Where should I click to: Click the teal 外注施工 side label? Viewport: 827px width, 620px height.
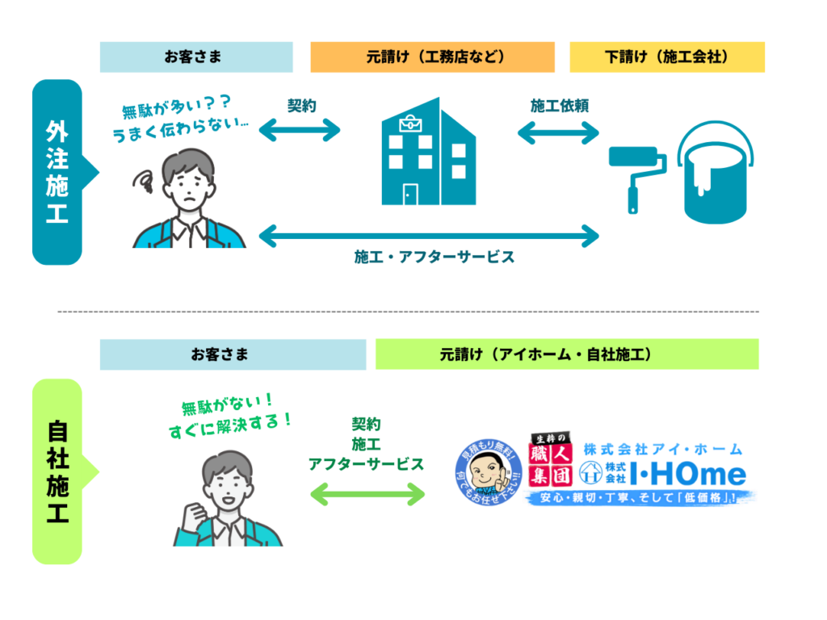click(57, 172)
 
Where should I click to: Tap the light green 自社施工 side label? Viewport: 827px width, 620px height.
click(57, 471)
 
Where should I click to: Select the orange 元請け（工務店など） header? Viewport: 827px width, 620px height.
click(432, 57)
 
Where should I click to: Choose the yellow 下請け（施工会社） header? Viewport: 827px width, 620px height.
click(666, 57)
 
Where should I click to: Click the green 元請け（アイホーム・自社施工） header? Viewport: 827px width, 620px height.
click(567, 354)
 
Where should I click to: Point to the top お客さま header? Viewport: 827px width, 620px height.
click(196, 57)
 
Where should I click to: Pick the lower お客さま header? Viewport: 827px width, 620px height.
click(233, 354)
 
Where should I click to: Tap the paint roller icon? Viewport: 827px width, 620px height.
click(638, 174)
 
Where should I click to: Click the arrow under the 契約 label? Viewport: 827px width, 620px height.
click(300, 130)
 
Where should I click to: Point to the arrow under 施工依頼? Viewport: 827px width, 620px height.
click(558, 132)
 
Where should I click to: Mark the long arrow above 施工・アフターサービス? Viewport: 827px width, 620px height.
click(429, 237)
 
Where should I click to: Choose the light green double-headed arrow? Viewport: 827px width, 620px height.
click(367, 494)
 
